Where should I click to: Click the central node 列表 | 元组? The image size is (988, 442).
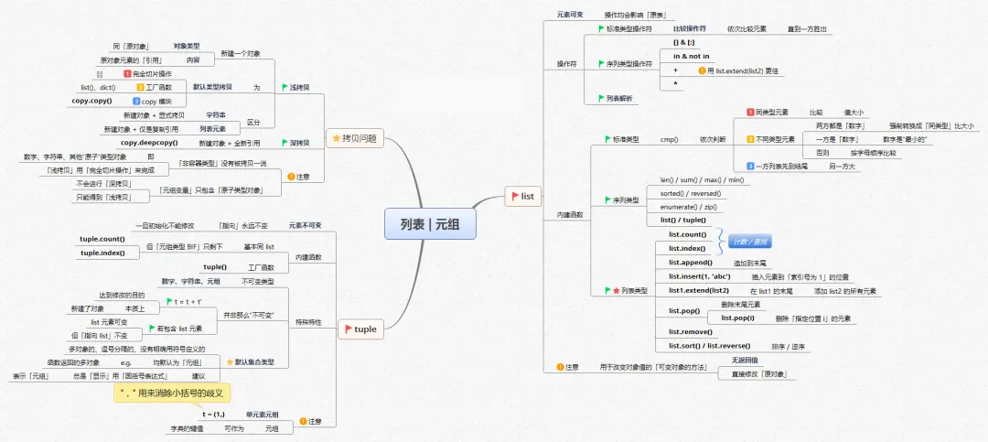pos(429,222)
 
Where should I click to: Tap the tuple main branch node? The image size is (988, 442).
pos(361,329)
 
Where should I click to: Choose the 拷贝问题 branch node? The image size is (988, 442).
pos(356,137)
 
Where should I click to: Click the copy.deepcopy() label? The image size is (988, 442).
pos(148,143)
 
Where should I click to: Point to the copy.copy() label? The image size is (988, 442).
pos(91,100)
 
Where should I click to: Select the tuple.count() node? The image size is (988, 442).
pos(102,239)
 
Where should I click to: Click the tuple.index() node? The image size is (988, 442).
pos(102,253)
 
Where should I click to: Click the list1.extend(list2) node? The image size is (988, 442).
pos(698,290)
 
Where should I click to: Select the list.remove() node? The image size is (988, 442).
pos(689,331)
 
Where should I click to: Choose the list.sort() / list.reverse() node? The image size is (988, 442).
pos(708,346)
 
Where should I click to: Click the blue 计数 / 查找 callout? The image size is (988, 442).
pos(749,242)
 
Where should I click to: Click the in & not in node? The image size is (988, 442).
pos(692,56)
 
